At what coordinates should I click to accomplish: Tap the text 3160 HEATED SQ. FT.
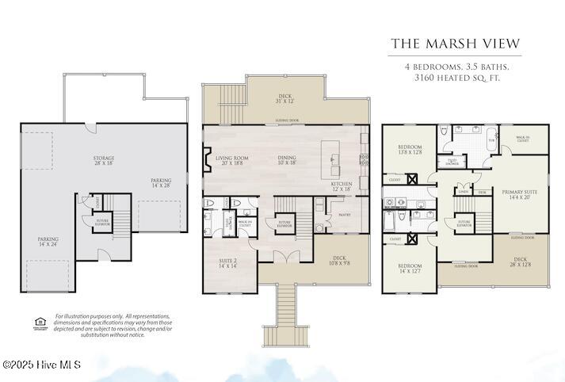[x=455, y=78]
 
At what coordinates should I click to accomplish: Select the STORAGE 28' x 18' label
[x=102, y=162]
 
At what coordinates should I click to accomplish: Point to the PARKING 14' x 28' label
[x=162, y=183]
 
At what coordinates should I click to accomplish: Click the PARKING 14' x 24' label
[x=48, y=241]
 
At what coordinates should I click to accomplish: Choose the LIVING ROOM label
[x=231, y=161]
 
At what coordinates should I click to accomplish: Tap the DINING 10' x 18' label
[x=287, y=161]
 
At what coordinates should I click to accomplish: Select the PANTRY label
[x=344, y=214]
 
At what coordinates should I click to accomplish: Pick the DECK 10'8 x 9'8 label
[x=339, y=259]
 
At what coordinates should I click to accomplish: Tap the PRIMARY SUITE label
[x=519, y=194]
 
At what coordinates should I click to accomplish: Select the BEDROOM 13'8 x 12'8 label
[x=409, y=150]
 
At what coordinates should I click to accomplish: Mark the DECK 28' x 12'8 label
[x=521, y=262]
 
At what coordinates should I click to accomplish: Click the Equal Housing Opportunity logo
[x=40, y=321]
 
